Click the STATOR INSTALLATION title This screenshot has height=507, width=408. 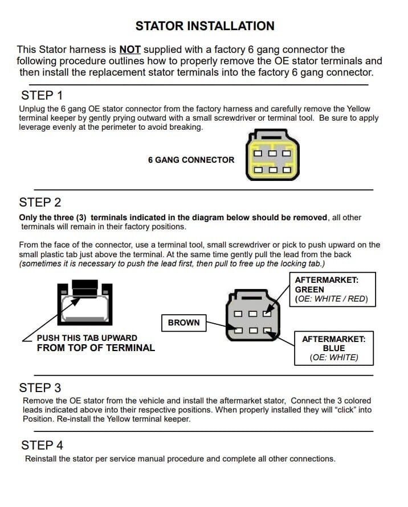pos(205,26)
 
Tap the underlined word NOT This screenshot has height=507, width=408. pos(130,50)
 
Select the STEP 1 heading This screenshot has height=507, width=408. pos(42,95)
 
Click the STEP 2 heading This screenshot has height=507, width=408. pos(40,202)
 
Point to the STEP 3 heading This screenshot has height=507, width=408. pos(40,388)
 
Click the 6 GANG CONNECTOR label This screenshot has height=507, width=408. pos(191,160)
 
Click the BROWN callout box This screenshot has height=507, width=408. pos(183,323)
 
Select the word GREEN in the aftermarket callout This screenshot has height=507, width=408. pos(309,289)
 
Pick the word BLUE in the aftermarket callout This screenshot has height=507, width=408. pos(333,348)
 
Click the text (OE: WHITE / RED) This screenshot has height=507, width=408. pos(331,299)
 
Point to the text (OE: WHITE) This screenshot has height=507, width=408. pos(333,357)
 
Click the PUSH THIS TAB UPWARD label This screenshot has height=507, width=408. pos(87,338)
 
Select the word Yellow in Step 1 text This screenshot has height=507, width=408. pos(357,109)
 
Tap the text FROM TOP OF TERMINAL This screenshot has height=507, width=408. pos(95,348)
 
